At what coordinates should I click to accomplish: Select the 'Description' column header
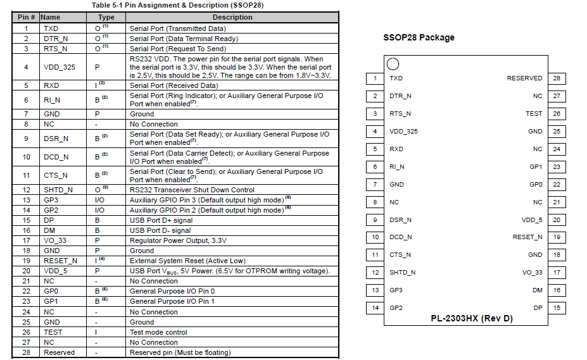pos(232,18)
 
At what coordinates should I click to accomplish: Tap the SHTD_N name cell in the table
pos(58,190)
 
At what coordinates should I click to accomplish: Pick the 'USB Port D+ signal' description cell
pos(161,220)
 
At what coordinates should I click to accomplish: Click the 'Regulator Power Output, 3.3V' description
pos(178,240)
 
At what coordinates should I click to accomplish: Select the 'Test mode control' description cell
pos(158,332)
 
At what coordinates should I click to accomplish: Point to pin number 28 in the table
pos(26,352)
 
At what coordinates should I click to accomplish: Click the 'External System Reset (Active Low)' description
pos(187,261)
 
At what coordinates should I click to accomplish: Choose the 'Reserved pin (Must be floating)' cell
pos(180,352)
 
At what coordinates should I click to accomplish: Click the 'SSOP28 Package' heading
pos(419,37)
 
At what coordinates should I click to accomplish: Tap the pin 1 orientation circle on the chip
pos(393,64)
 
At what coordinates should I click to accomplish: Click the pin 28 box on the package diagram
pos(557,78)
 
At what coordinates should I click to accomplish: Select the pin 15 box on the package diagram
pos(557,308)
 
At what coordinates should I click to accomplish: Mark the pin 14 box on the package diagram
pos(376,308)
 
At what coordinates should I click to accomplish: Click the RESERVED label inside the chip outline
pos(524,78)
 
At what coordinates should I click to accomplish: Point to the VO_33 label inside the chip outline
pos(532,273)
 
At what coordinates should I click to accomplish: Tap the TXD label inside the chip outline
pos(396,78)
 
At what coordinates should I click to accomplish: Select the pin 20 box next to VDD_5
pos(557,220)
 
